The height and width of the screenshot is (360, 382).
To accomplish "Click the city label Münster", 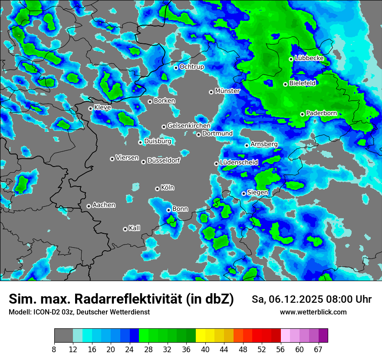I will (227, 91).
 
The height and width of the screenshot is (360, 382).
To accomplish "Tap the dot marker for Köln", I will (157, 189).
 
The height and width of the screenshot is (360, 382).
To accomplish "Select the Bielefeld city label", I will (303, 83).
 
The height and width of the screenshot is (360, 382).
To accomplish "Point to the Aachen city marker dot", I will (89, 206).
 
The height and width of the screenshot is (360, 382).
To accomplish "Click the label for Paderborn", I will (322, 113).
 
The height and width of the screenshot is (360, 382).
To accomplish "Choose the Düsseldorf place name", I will (164, 160).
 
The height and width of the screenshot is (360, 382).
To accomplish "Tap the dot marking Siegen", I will (244, 193).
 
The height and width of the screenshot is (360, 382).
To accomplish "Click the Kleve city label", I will (102, 108).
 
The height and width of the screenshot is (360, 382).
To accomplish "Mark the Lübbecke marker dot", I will (291, 59).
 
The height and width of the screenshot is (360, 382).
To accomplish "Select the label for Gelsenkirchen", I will (189, 126).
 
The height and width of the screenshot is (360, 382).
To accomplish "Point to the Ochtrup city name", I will (192, 67).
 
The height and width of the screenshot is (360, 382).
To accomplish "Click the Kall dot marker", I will (125, 229).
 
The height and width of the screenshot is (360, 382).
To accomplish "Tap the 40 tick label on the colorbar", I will (205, 350).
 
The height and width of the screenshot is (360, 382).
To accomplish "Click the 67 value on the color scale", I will (319, 350).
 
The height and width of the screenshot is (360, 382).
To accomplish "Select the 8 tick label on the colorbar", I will (54, 350).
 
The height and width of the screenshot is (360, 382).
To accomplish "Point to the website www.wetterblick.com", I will (313, 312).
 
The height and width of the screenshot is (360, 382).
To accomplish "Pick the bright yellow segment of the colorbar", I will (201, 336).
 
